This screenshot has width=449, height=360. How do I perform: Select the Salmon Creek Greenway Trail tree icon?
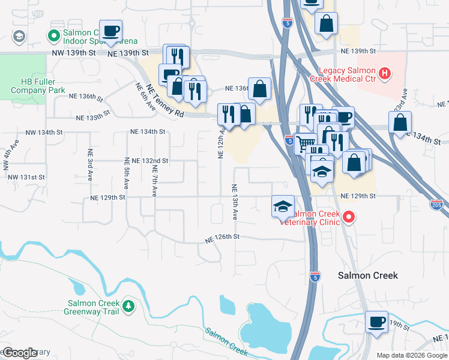point(128,307)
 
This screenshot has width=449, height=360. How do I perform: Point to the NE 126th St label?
point(222,238)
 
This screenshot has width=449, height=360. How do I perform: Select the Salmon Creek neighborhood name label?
point(367,275)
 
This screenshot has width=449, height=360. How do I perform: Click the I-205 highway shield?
point(436,205)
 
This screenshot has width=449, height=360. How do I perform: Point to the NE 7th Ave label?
point(154,183)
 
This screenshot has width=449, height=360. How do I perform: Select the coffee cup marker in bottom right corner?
point(376,323)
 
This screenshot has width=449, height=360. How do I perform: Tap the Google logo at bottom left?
point(20,352)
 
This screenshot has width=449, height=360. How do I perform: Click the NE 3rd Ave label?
point(89,165)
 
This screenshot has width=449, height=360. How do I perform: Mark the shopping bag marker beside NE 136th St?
point(260,90)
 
